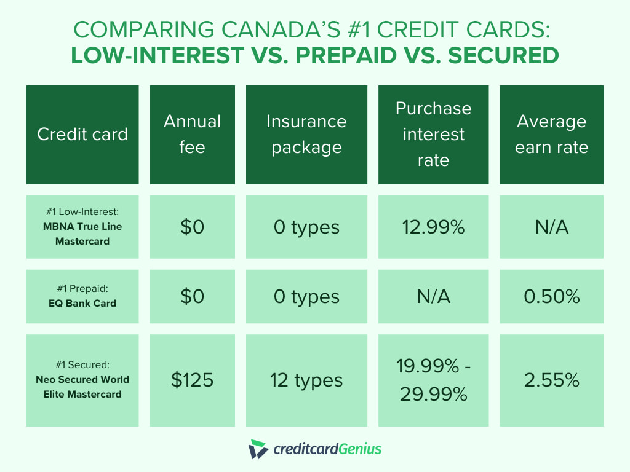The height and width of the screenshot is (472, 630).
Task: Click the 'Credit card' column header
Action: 82,135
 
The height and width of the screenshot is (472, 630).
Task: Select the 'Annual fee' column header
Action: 192,135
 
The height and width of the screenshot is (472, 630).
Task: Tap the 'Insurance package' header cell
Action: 306,135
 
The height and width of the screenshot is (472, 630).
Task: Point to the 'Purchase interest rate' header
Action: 433,135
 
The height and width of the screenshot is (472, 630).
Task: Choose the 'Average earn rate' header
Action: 551,135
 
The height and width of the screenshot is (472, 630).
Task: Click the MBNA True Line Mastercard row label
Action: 82,227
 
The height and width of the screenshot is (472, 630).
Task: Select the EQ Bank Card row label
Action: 82,297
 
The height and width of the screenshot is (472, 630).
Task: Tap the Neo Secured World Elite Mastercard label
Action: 82,380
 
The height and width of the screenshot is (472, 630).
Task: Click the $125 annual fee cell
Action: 192,380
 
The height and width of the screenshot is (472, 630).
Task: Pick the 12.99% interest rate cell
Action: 433,227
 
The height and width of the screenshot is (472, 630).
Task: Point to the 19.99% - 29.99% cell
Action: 433,380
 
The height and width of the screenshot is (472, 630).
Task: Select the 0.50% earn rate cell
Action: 551,297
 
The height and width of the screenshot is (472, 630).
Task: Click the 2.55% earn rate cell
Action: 551,380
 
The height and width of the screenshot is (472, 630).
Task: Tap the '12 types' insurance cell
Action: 306,380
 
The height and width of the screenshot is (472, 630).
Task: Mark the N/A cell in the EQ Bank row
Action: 433,297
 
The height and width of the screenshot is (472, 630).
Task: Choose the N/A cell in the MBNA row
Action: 551,227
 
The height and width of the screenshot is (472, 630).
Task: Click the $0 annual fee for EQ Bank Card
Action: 192,297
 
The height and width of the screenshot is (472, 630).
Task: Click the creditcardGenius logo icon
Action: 258,449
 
